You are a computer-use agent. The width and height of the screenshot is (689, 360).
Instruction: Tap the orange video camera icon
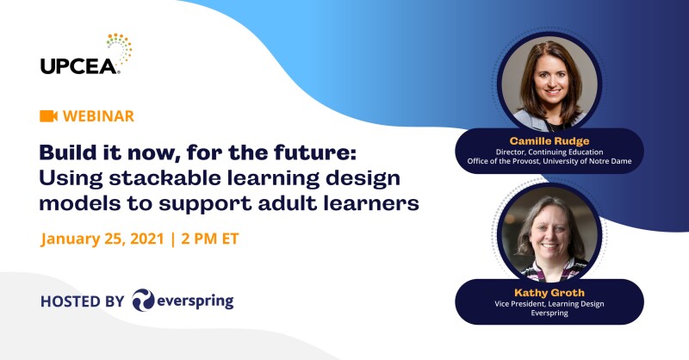tap(48, 115)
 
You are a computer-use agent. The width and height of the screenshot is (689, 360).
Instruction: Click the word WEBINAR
tap(98, 115)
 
